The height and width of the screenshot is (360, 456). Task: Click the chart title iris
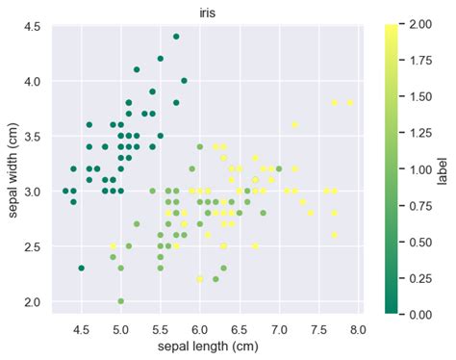point(204,10)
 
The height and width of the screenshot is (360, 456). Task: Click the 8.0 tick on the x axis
point(358,329)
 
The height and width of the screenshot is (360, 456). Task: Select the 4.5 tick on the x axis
point(82,329)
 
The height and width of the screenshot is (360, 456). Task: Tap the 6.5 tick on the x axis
point(240,329)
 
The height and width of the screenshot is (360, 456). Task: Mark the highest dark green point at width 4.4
point(176,37)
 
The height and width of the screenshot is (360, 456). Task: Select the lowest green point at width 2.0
point(121,301)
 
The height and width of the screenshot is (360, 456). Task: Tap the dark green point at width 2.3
point(82,269)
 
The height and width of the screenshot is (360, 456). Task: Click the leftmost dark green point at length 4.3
point(65,192)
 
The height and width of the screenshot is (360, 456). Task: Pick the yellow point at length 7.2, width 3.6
point(294,125)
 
